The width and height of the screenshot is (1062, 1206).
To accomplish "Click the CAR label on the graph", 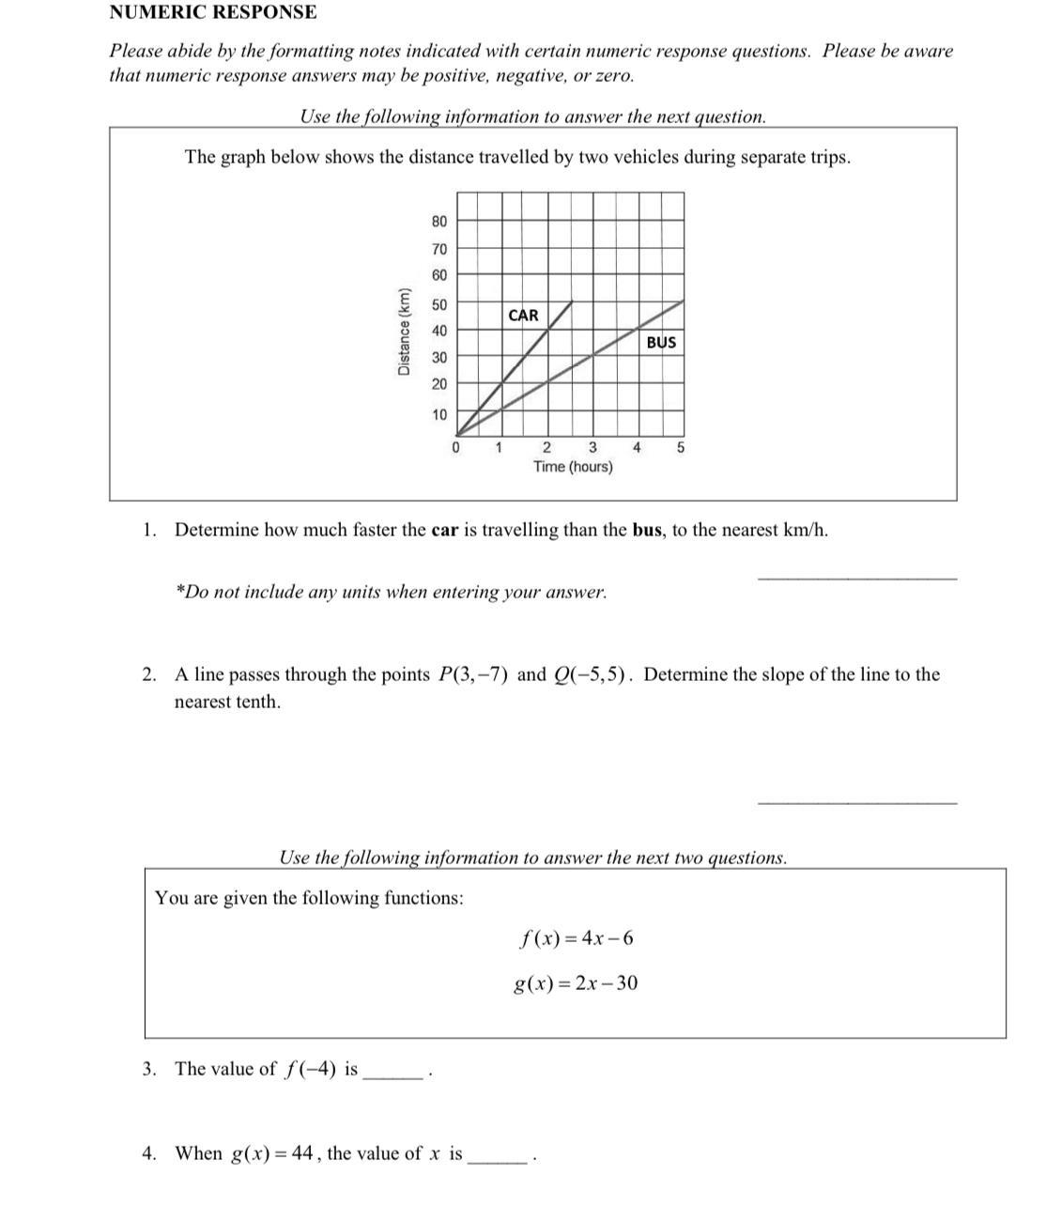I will [523, 316].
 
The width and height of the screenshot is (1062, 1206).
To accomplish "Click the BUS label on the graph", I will [661, 343].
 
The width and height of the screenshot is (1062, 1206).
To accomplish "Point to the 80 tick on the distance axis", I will [439, 222].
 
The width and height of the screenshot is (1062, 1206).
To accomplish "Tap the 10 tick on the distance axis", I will [439, 414].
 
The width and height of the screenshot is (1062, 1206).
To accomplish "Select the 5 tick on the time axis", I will [681, 447].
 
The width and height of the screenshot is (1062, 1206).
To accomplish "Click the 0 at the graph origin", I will [455, 447].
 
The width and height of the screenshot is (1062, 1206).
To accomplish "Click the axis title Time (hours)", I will [573, 467].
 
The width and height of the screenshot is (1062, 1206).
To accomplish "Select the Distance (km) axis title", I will [405, 331].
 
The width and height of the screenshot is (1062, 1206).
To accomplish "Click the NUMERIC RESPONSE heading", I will [213, 12].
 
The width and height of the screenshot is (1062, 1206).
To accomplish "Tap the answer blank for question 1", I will [856, 576].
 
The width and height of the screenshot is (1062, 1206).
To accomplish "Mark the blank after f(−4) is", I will [394, 1075].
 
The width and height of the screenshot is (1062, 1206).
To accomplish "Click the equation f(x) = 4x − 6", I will [577, 938].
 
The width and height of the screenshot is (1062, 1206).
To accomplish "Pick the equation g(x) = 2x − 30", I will [576, 983].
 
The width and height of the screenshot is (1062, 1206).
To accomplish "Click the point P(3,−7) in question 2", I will [473, 675].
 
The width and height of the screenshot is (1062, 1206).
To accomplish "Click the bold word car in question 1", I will [444, 531].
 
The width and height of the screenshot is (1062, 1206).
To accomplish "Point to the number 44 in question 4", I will [302, 1153].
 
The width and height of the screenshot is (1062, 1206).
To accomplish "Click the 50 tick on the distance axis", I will [439, 305].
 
